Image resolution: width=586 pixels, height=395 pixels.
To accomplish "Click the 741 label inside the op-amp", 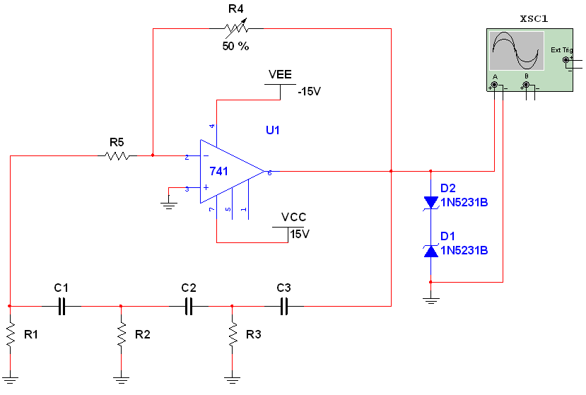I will (x=219, y=171).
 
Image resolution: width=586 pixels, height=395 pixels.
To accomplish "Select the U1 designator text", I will (x=274, y=130).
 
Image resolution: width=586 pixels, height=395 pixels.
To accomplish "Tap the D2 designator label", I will (x=448, y=188).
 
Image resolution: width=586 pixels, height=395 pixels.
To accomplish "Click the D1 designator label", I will (x=448, y=236).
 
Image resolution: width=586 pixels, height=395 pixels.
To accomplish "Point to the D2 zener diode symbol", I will (x=431, y=202).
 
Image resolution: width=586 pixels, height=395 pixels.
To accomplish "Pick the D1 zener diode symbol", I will (x=431, y=250).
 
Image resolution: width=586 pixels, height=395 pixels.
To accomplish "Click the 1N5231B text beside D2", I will (x=464, y=203).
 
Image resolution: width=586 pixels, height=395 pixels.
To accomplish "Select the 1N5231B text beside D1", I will (x=464, y=251).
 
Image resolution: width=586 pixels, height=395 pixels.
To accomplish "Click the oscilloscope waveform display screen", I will (x=517, y=50).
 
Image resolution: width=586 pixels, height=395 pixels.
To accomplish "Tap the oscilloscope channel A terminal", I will (x=495, y=85).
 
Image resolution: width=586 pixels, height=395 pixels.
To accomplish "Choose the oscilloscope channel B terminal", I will (x=526, y=85).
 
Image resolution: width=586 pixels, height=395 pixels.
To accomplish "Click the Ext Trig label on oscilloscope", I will (x=561, y=50).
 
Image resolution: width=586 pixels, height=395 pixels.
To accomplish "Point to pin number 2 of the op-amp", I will (x=187, y=156).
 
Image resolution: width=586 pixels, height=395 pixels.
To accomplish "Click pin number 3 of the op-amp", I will (x=187, y=189).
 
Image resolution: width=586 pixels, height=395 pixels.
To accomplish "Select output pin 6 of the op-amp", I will (x=269, y=172).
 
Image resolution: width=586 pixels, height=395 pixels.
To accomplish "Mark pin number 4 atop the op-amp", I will (x=212, y=126).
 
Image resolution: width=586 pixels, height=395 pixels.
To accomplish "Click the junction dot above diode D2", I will (x=431, y=171).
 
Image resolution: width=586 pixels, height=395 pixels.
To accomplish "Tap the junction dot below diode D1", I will (x=431, y=281).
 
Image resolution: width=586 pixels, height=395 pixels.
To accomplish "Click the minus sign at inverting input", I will (x=206, y=156).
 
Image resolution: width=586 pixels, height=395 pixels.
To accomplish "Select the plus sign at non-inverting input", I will (x=206, y=188).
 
